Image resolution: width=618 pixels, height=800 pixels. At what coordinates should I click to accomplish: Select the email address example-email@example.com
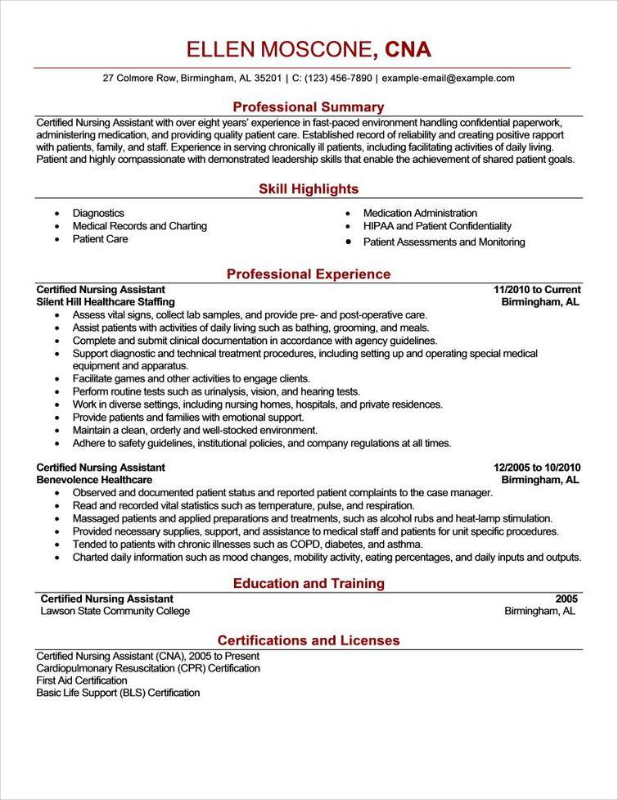[x=448, y=79]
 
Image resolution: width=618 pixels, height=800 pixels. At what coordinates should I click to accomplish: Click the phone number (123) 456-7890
[x=341, y=79]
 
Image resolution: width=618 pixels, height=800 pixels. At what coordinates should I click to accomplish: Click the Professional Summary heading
[x=309, y=107]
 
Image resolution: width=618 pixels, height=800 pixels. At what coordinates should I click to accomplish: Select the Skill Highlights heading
[x=309, y=189]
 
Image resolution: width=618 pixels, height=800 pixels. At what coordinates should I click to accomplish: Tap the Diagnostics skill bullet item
[x=98, y=213]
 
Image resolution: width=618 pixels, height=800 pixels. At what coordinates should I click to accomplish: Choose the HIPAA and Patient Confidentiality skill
[x=437, y=226]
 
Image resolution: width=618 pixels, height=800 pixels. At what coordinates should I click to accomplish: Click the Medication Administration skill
[x=420, y=213]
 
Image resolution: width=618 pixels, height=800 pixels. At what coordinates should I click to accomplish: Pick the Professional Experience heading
[x=309, y=274]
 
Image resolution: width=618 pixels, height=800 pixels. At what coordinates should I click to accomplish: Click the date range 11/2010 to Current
[x=537, y=290]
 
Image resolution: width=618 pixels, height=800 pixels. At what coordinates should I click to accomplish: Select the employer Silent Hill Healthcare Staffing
[x=106, y=302]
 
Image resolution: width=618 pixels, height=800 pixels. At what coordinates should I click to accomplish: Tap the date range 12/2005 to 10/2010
[x=537, y=468]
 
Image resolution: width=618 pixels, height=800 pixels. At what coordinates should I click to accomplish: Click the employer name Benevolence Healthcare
[x=94, y=480]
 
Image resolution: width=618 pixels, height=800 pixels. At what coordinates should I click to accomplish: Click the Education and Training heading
[x=309, y=584]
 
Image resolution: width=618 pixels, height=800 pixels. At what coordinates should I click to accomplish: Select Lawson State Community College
[x=115, y=611]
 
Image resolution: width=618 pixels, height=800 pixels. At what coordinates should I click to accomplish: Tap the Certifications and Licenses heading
[x=309, y=640]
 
